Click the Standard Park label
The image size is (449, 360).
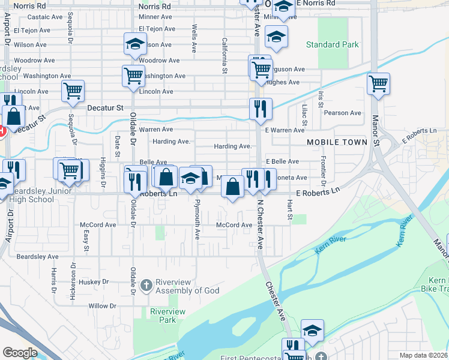332,44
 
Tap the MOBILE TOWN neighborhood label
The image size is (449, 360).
337,142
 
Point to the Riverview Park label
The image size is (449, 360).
167,316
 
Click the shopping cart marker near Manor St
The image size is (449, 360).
378,84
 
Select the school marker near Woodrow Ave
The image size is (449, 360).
136,43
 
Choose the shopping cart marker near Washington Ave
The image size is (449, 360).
133,76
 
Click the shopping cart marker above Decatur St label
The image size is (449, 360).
73,92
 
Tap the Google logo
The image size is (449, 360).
20,352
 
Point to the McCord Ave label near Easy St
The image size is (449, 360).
98,225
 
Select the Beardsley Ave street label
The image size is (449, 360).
37,256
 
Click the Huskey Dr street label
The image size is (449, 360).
93,281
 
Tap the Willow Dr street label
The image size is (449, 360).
102,306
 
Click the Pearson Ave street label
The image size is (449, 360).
342,113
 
